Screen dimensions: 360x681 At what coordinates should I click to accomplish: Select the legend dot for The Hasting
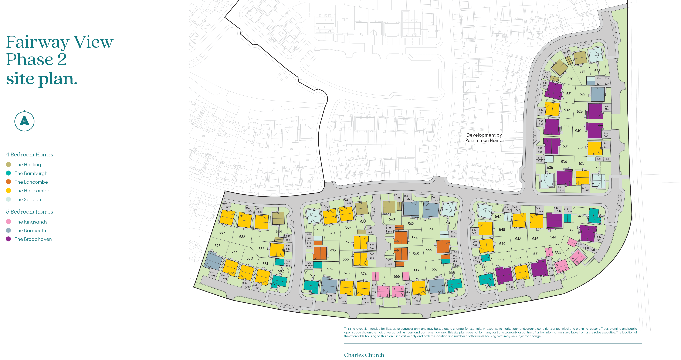[9, 164]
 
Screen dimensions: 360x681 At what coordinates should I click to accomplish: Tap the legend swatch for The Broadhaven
[9, 239]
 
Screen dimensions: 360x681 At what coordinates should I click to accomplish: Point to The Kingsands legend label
[31, 222]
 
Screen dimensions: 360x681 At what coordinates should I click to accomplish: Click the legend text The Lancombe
[31, 182]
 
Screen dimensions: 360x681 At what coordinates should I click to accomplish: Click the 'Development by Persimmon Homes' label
[485, 138]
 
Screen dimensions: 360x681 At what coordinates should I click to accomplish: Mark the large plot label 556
[416, 271]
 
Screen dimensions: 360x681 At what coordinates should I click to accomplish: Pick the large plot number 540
[578, 131]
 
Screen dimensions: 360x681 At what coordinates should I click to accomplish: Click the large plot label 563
[392, 219]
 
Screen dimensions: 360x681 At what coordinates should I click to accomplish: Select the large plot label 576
[330, 269]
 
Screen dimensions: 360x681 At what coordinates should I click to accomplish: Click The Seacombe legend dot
[9, 199]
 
